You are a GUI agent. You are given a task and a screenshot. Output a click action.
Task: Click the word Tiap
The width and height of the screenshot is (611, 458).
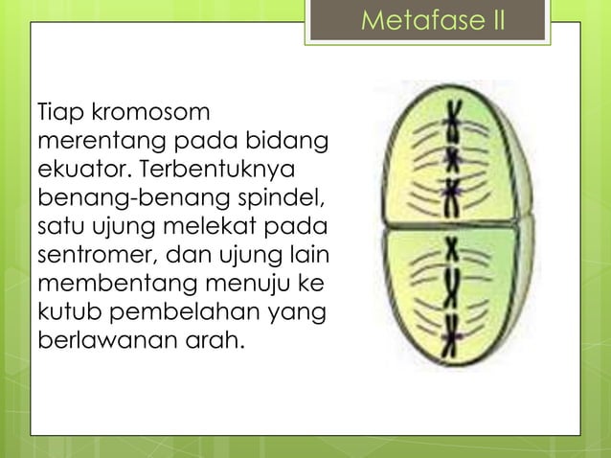[57, 115]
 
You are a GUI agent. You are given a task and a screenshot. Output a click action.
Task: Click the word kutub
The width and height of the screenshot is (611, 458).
[67, 312]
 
